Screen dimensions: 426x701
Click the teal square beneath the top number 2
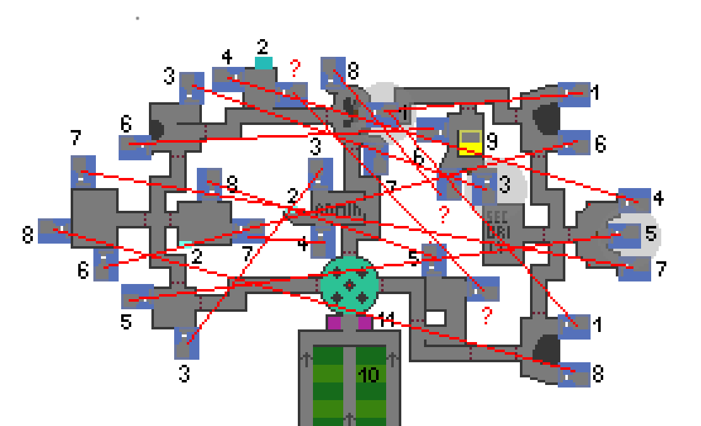264,62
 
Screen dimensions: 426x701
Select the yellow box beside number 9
469,143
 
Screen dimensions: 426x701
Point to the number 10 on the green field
368,376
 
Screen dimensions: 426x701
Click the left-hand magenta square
334,323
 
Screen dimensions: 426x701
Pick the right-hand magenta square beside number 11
364,323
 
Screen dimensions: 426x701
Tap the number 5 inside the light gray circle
651,234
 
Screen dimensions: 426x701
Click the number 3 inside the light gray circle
504,186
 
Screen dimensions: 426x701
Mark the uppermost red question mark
295,68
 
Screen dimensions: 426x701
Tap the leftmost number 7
76,137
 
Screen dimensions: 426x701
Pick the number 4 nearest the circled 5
658,199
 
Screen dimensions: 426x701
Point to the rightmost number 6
599,145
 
